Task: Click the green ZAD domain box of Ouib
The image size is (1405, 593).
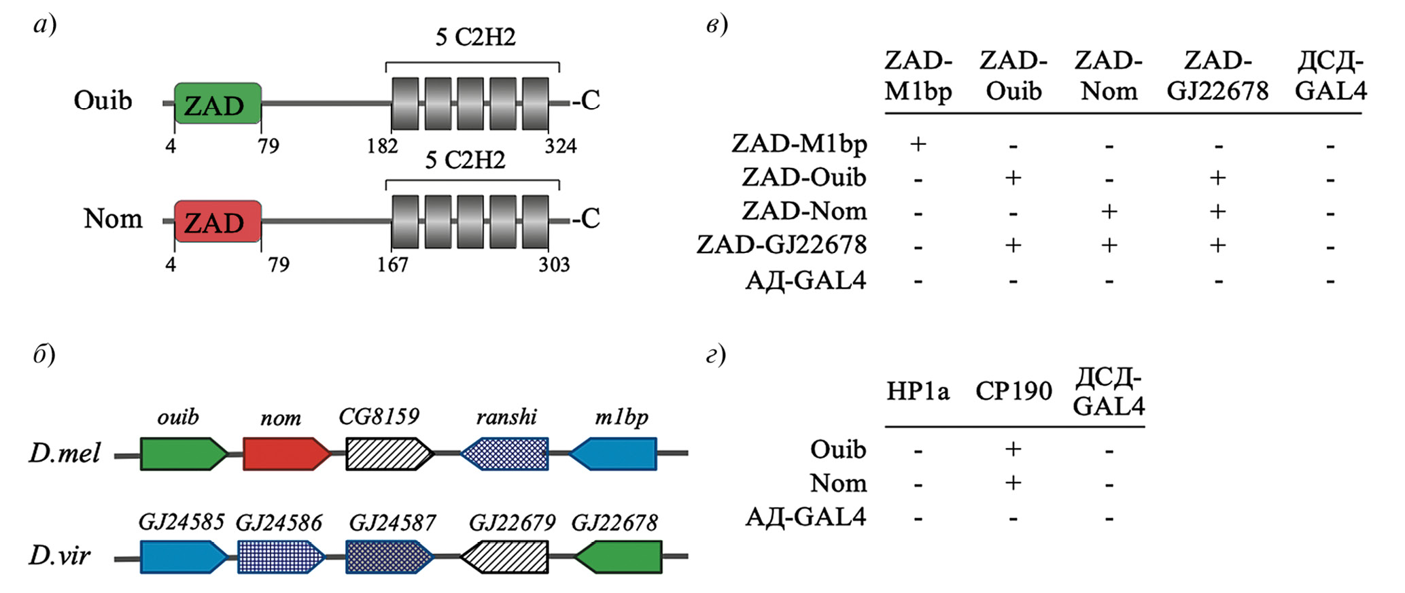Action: pyautogui.click(x=218, y=104)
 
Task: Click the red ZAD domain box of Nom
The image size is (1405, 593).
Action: pyautogui.click(x=218, y=222)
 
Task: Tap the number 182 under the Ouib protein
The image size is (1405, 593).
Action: pyautogui.click(x=382, y=146)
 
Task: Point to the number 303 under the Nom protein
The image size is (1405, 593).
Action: pyautogui.click(x=554, y=264)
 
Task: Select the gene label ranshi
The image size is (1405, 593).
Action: pyautogui.click(x=506, y=416)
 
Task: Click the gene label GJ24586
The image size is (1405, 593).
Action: pyautogui.click(x=279, y=522)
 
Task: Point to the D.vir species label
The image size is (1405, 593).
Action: pyautogui.click(x=59, y=556)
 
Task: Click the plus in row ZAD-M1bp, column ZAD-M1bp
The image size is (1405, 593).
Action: pyautogui.click(x=918, y=144)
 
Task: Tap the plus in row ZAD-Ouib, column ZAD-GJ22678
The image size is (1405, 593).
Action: pyautogui.click(x=1217, y=178)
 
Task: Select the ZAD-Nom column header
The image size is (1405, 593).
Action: pyautogui.click(x=1109, y=75)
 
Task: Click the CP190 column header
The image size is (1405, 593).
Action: pyautogui.click(x=1013, y=391)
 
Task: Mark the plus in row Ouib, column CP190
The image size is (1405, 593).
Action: pyautogui.click(x=1013, y=449)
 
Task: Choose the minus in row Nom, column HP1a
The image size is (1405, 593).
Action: pyautogui.click(x=918, y=485)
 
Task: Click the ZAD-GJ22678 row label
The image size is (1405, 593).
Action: pyautogui.click(x=782, y=245)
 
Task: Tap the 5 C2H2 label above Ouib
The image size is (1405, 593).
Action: pyautogui.click(x=475, y=37)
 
